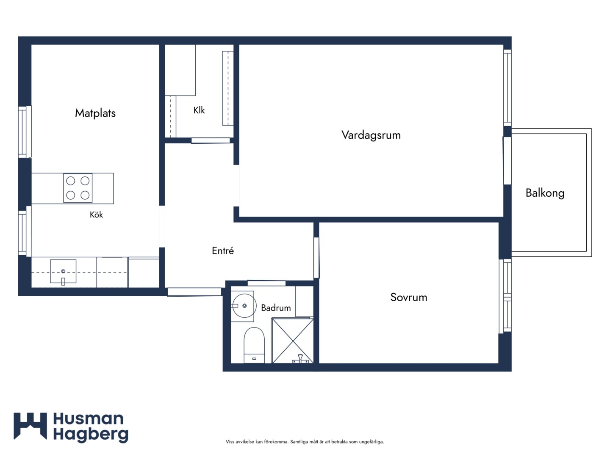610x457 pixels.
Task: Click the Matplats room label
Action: (95, 113)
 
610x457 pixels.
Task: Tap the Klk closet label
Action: (199, 110)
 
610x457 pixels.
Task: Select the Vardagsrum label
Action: (371, 135)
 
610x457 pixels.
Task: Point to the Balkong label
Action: (545, 193)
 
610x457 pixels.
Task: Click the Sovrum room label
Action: (408, 297)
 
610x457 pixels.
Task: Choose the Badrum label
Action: (276, 308)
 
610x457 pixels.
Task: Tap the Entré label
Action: (222, 251)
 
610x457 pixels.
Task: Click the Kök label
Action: (96, 215)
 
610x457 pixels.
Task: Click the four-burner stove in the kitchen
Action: (78, 188)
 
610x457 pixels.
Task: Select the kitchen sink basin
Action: (63, 271)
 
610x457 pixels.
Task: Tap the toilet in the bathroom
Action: (254, 345)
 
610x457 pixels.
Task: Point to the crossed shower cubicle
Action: (293, 341)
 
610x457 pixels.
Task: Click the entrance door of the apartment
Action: (194, 292)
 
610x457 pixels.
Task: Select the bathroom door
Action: (266, 283)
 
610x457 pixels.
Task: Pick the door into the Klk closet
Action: (211, 140)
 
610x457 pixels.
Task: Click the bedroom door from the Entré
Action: (316, 258)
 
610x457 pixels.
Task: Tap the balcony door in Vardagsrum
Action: (507, 161)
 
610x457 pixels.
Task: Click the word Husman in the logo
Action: (89, 419)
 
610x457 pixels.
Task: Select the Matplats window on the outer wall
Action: (25, 132)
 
